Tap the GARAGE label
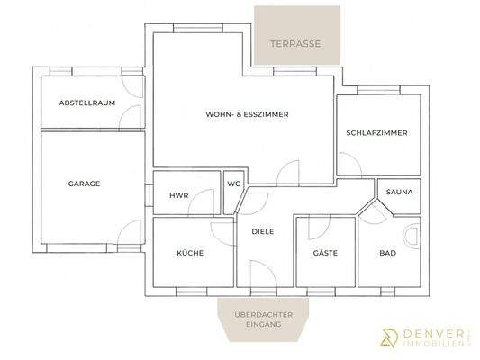84,184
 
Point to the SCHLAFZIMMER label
376,133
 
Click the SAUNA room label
399,193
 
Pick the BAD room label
388,254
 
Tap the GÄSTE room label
325,254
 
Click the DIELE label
263,231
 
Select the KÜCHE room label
190,254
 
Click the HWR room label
178,196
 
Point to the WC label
233,184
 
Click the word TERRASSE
297,42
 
